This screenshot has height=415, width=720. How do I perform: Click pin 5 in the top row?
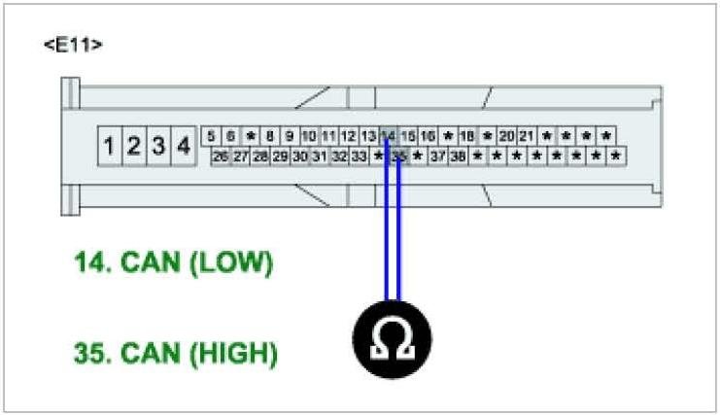[212, 136]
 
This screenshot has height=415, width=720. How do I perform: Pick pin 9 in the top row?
[289, 136]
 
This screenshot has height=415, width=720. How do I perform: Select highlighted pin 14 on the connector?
[389, 136]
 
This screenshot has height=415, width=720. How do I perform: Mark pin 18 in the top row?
[467, 136]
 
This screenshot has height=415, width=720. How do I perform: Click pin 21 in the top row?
[527, 136]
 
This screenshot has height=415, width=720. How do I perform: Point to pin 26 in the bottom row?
[221, 156]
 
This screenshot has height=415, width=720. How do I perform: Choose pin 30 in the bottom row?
[300, 156]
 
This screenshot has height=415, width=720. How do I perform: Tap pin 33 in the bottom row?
[360, 156]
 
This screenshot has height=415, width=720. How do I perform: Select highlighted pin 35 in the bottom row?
[398, 156]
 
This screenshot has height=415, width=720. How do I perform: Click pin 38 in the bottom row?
[458, 156]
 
